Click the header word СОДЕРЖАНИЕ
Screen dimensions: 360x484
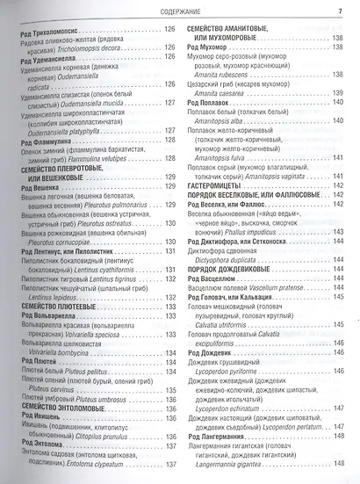coord(181,11)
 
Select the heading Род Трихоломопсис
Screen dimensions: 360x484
coord(58,32)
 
